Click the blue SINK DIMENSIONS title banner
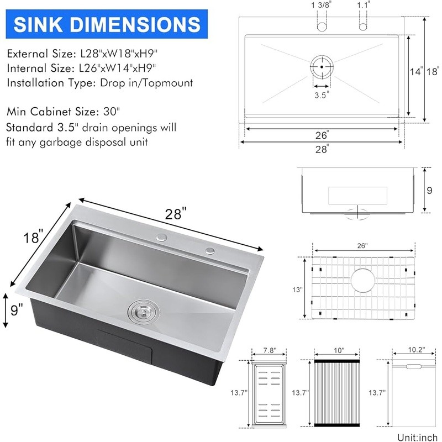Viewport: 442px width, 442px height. click(x=107, y=24)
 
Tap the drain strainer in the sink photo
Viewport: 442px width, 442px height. click(x=144, y=312)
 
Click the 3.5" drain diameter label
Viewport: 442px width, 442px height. click(x=322, y=95)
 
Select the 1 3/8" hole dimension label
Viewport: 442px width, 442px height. click(x=322, y=5)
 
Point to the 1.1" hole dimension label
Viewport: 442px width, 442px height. click(x=364, y=5)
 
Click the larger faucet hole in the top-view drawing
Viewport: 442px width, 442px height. click(x=322, y=27)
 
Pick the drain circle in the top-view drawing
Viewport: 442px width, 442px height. click(x=322, y=67)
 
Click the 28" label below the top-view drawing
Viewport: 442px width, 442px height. click(x=322, y=149)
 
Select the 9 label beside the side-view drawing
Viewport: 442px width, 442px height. click(x=429, y=191)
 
